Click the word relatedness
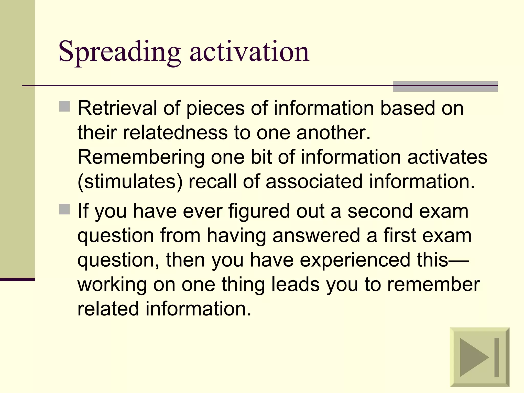(x=175, y=133)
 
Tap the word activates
(x=447, y=157)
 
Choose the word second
(x=380, y=211)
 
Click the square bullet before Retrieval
(x=64, y=106)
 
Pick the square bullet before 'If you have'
(x=64, y=209)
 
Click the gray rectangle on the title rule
(x=445, y=86)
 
